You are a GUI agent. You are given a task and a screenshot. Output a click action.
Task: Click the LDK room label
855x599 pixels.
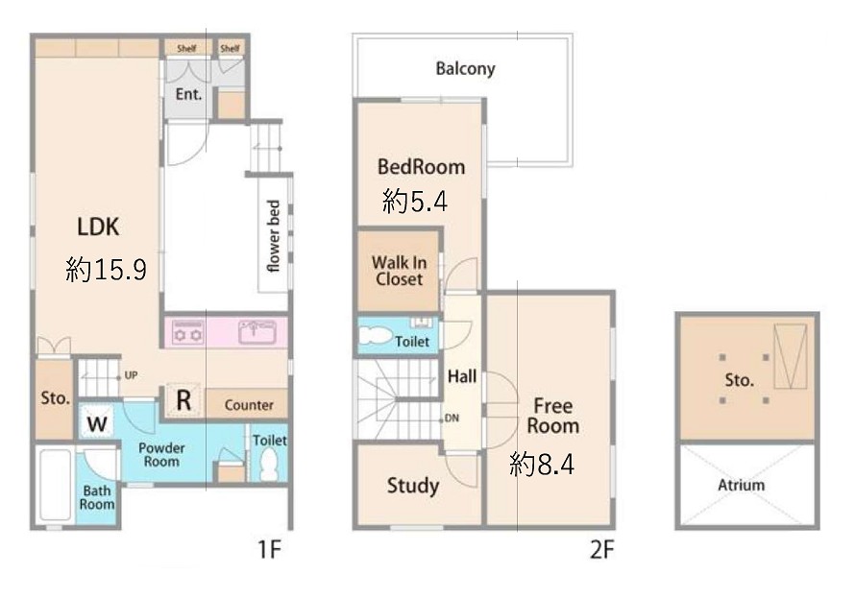coord(98,227)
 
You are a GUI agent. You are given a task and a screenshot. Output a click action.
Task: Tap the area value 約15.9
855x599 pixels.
coord(106,269)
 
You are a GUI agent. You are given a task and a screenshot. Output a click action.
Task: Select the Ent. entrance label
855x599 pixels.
coord(188,94)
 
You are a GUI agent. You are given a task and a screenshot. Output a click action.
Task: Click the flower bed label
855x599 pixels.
coord(273,235)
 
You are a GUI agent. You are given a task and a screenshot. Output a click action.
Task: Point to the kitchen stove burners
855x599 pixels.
coord(187,332)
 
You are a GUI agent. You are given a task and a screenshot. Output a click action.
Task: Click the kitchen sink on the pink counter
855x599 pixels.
coord(257,331)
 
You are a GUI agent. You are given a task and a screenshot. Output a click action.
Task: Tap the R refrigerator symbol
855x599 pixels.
coord(184,400)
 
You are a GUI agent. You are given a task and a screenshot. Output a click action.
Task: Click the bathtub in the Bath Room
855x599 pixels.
coord(55,485)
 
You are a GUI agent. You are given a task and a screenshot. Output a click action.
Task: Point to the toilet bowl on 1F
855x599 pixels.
coord(269,465)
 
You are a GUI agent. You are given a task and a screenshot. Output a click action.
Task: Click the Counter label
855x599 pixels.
coord(249,405)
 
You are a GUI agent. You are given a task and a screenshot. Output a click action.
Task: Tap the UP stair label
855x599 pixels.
coord(131,375)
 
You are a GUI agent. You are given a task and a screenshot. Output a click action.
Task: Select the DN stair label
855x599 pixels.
coord(452,419)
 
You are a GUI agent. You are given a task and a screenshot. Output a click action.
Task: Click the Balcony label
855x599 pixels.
coord(465,69)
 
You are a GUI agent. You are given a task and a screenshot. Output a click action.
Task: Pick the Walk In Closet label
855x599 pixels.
coord(399,271)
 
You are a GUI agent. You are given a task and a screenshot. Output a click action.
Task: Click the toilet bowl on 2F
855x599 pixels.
coord(376,335)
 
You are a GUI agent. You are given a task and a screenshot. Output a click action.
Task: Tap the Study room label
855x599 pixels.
coord(413,485)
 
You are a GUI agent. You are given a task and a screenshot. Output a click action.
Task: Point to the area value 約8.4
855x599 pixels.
coord(542,465)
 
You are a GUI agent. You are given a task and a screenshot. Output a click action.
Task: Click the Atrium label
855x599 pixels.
coord(741,485)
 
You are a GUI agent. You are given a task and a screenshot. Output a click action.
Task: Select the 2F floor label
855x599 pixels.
coord(601,549)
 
